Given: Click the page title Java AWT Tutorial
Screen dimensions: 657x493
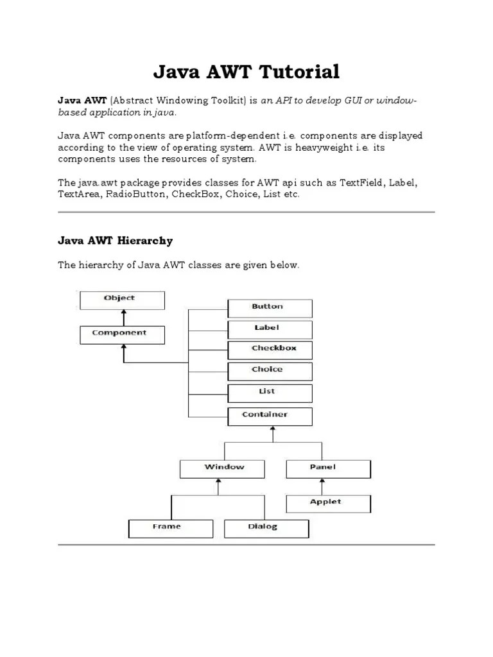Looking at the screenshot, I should [x=246, y=72].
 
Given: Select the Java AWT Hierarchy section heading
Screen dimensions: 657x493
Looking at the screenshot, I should [x=115, y=241].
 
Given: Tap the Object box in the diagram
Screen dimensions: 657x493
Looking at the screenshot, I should [x=122, y=300].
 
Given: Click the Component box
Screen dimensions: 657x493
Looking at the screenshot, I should [x=122, y=334].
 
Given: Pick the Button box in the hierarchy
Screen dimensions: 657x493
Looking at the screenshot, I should [x=270, y=308].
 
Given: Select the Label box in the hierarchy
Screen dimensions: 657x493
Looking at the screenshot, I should [x=270, y=329].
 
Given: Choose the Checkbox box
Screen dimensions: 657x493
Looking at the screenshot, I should [x=270, y=350].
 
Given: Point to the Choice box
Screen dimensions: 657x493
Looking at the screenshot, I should [x=270, y=371].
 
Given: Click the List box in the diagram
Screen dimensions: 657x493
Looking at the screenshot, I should [x=270, y=393].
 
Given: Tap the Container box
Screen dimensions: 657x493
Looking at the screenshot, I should [x=270, y=416].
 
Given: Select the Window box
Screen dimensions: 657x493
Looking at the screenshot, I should [x=222, y=468].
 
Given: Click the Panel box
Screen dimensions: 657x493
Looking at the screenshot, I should [x=327, y=468].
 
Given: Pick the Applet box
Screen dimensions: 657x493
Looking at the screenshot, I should [x=327, y=503].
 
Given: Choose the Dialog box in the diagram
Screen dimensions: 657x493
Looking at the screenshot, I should [x=266, y=528].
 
